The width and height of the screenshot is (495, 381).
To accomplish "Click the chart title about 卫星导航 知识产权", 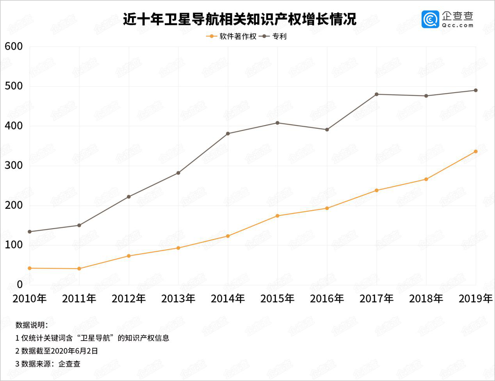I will pos(239,19).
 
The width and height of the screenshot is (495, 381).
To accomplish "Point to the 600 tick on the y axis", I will pos(14,46).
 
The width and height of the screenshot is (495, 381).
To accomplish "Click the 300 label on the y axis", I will pos(14,166).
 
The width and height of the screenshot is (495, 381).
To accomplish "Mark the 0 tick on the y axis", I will pos(20,285).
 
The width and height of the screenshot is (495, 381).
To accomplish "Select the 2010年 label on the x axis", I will pos(30,299).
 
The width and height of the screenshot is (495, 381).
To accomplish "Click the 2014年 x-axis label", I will pos(228,299).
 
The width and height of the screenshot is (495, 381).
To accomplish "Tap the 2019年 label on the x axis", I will pos(475,299).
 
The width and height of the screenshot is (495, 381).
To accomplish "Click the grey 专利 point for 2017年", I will pos(376,94).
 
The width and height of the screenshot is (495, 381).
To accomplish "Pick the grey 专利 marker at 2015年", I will pos(278,123).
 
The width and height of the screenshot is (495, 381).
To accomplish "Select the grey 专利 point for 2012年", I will pos(129,197).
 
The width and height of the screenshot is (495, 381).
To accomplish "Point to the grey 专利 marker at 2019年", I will pos(475,90).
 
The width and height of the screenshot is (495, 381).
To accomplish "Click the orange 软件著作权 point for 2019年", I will pos(475,152).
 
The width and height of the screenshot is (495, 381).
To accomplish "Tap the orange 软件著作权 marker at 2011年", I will pos(79,268).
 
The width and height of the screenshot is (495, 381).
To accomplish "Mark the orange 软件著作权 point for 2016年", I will pos(327,208).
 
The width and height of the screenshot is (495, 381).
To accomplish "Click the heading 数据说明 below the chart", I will pos(32,325).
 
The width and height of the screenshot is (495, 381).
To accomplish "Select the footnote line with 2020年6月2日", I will pos(57,351).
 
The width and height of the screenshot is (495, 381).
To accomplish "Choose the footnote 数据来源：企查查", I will pos(48,364).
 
